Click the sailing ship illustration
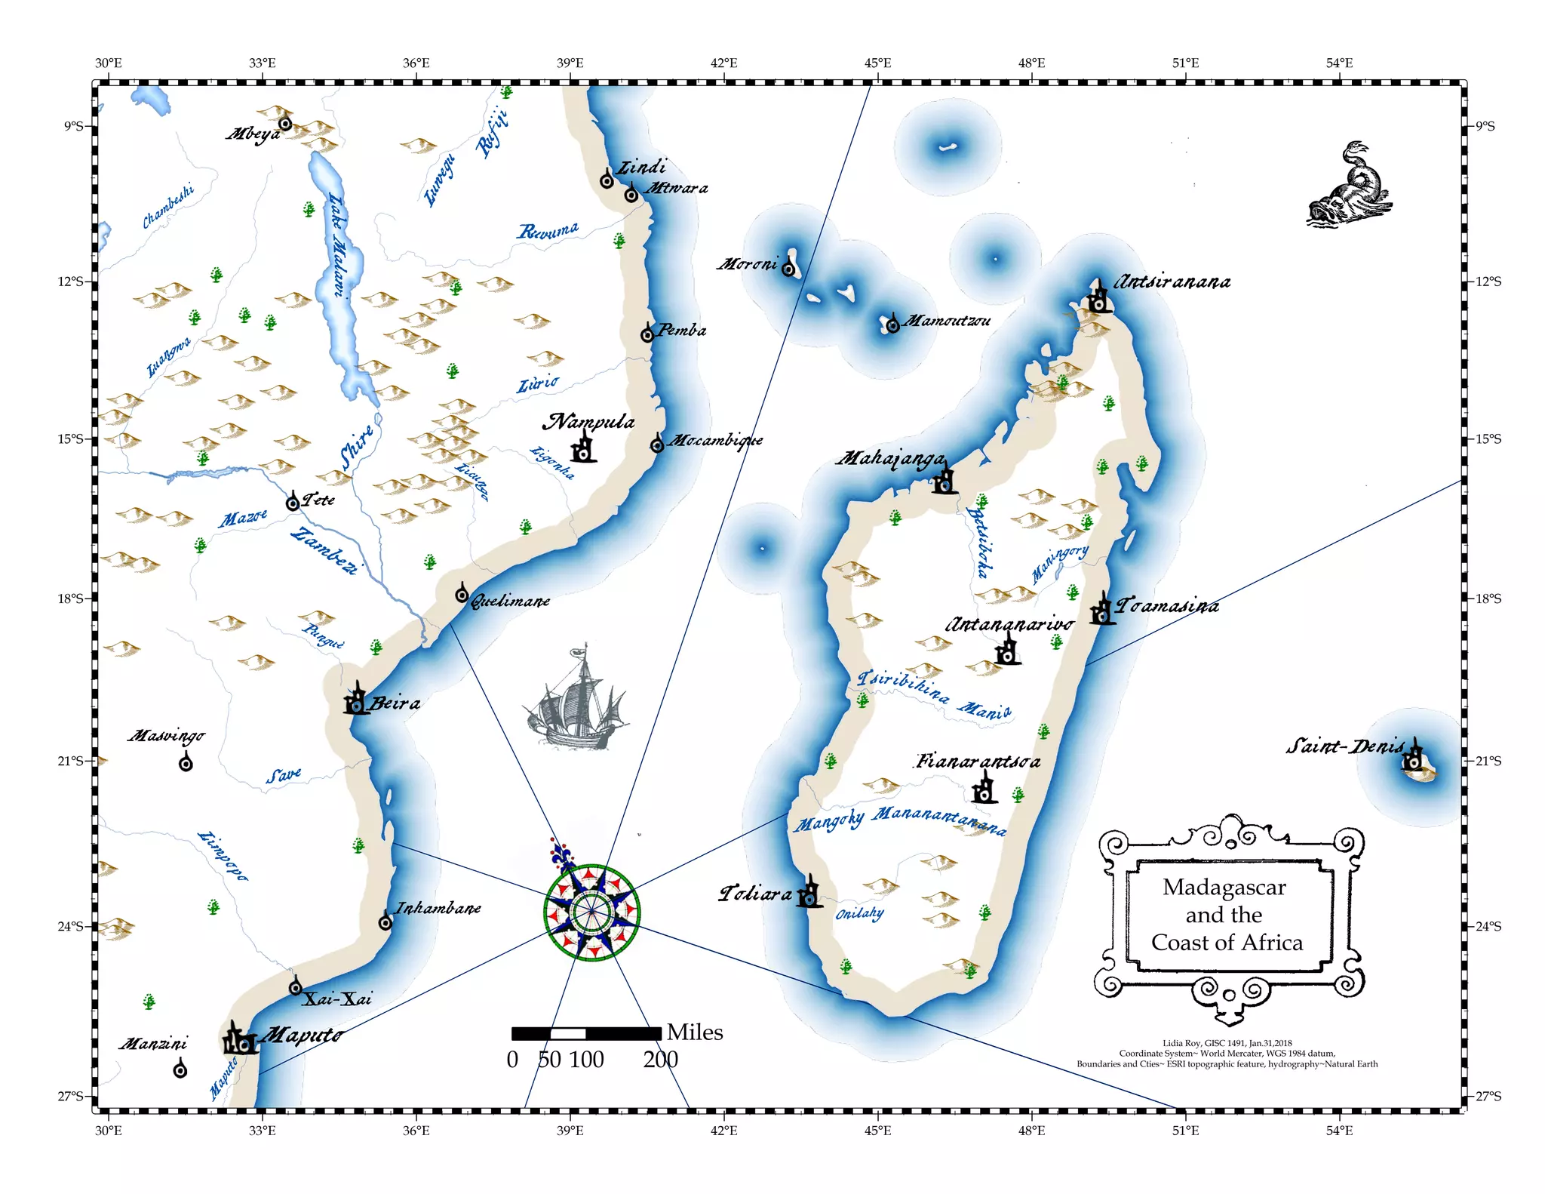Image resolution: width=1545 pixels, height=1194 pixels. point(575,698)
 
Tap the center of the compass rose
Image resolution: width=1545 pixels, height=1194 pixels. point(592,912)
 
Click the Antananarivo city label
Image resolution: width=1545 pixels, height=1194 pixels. point(1009,625)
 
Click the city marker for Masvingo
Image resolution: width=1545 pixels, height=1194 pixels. point(186,764)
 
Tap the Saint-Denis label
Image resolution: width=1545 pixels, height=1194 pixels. point(1344,747)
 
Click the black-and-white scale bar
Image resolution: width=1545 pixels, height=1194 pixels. point(586,1033)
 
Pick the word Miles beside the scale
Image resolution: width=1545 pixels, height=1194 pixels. point(695,1032)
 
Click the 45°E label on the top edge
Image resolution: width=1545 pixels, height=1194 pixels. point(877,63)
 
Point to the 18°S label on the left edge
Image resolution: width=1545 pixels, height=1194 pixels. point(71,599)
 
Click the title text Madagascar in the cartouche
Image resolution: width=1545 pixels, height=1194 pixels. point(1224,888)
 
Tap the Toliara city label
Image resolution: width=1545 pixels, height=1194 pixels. point(755,894)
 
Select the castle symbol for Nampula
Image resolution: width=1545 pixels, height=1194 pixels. point(583,448)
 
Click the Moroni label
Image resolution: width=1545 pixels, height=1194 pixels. point(747,264)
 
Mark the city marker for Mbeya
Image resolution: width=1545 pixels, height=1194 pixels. point(285,124)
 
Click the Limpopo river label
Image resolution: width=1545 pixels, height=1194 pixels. point(223,855)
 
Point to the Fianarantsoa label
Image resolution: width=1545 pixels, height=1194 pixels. point(978,762)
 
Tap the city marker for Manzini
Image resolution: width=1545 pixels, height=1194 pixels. point(180,1069)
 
